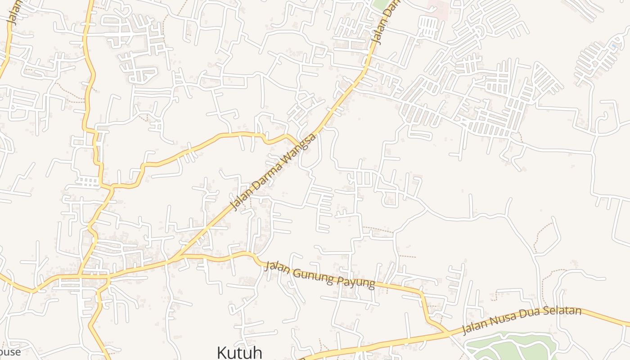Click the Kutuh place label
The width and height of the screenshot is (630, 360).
tap(239, 352)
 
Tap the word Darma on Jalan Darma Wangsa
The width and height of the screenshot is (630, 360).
tap(268, 174)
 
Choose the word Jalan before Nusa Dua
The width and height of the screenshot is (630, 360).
tap(475, 328)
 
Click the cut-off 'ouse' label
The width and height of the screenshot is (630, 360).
tap(10, 352)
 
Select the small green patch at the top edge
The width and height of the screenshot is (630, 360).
tap(381, 4)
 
